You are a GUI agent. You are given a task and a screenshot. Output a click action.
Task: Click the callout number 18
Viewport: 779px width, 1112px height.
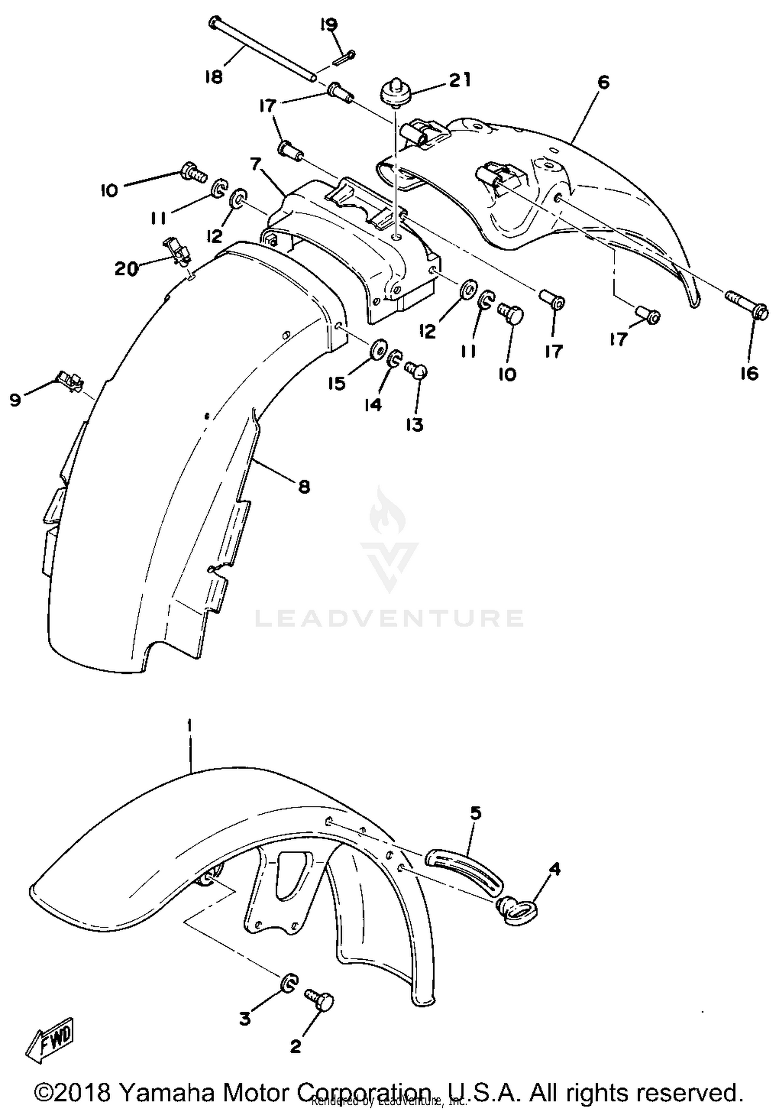(x=213, y=77)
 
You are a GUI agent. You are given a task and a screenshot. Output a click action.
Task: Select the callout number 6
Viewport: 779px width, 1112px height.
(x=603, y=82)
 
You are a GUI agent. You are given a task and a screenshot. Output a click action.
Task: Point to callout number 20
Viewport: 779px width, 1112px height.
(x=127, y=269)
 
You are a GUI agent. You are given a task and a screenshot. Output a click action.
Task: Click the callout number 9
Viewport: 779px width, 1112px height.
(x=15, y=400)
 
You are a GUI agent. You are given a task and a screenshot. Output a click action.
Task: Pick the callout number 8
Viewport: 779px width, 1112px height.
(x=304, y=486)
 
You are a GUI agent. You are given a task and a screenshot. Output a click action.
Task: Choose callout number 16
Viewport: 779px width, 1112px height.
(x=749, y=373)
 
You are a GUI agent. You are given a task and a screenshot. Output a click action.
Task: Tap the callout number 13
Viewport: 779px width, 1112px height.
(x=415, y=425)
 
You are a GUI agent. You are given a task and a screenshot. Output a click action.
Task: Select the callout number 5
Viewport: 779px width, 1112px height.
(x=476, y=812)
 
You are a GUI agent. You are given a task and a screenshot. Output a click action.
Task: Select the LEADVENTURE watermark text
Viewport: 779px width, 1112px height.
(x=389, y=618)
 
